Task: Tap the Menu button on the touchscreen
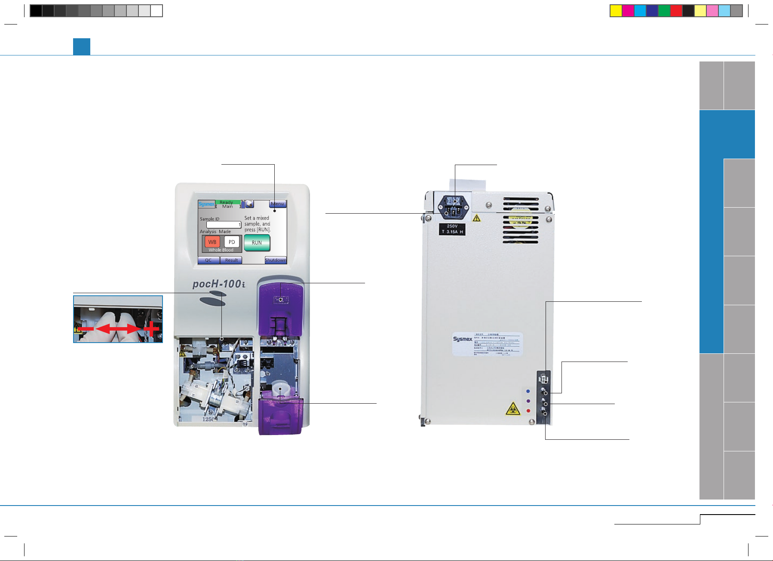point(277,204)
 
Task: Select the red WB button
point(212,242)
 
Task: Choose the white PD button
point(232,242)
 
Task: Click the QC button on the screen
point(209,260)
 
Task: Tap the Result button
point(231,260)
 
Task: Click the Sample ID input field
point(224,224)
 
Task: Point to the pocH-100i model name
point(219,284)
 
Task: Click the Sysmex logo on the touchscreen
point(206,204)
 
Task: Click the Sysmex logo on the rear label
point(463,339)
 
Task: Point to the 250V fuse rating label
point(452,229)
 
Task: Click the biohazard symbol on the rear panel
point(512,409)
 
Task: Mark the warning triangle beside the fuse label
point(476,218)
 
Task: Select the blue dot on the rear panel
point(528,391)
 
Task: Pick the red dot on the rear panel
point(528,411)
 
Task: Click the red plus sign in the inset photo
point(151,329)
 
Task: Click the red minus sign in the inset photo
point(86,329)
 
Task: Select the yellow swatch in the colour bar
point(616,11)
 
